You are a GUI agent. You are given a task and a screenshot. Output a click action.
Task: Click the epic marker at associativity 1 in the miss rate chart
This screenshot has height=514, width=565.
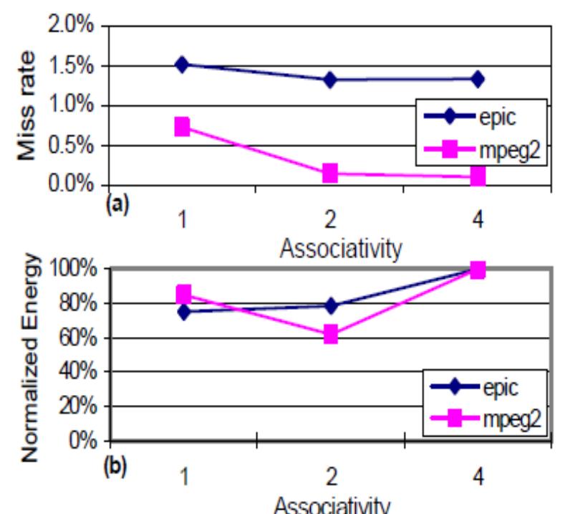[182, 65]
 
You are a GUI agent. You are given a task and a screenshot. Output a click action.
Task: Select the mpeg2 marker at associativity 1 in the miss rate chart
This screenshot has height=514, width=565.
[182, 127]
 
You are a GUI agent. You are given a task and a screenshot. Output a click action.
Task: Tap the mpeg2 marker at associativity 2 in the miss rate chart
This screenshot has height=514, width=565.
[329, 173]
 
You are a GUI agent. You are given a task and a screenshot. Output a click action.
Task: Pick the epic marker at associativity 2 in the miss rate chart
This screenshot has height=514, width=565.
[329, 80]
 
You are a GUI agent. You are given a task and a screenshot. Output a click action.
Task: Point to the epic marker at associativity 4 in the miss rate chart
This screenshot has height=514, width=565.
[478, 79]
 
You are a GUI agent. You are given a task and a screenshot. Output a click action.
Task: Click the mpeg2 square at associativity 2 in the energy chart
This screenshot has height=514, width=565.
[329, 334]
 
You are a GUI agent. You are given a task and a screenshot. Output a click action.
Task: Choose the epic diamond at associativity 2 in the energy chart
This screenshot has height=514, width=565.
[329, 306]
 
